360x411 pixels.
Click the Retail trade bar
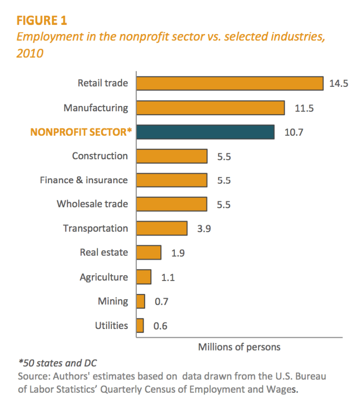pos(229,83)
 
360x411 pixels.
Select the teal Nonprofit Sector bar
pos(205,132)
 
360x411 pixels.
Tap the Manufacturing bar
pos(210,108)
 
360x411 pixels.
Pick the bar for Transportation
pos(162,228)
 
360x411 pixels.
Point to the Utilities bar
pos(140,326)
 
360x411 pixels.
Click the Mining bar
pos(141,301)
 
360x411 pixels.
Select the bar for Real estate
pos(149,252)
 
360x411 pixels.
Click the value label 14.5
pos(338,83)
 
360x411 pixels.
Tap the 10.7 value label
pos(294,132)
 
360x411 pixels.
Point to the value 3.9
pos(204,229)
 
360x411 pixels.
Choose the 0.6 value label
pos(160,326)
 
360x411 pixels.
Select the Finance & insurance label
pos(84,180)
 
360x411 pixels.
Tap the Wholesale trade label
pos(93,204)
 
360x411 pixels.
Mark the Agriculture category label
pos(104,277)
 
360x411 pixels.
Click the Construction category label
pos(100,156)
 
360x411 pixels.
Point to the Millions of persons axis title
pos(239,347)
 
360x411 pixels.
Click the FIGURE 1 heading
pos(42,21)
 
